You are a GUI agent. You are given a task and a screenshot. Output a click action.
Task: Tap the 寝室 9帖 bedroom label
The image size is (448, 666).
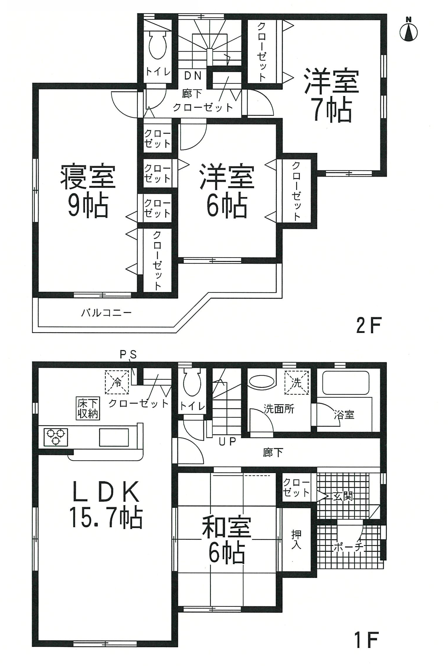88,191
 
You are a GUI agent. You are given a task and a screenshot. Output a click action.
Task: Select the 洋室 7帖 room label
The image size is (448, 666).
331,95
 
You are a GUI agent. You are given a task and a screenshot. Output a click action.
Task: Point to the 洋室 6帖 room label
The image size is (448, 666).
227,191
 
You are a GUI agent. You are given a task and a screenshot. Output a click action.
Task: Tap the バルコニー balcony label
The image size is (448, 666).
106,313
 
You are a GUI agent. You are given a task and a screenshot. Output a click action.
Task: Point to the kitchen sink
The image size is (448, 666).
113,437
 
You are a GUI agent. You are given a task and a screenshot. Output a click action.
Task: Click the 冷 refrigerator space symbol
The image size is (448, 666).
117,382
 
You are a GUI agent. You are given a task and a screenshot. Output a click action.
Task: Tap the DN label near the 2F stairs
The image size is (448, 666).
193,76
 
